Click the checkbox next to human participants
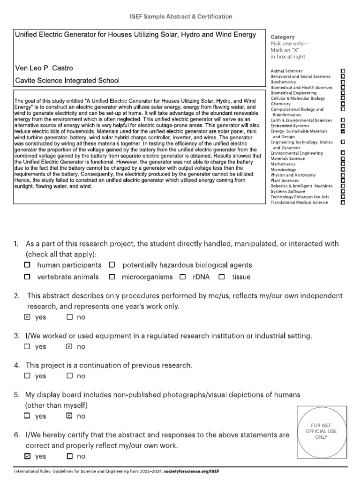[27, 265]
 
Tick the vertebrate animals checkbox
[27, 277]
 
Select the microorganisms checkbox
[112, 277]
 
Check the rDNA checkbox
[183, 277]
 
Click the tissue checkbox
[222, 277]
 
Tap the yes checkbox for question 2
[27, 317]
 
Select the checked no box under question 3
[69, 346]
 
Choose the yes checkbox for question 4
[27, 375]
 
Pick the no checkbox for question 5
[69, 416]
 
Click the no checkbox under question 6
[69, 456]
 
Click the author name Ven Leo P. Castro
[44, 68]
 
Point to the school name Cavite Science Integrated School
[67, 81]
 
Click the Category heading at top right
[283, 37]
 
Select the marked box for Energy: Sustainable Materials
[343, 132]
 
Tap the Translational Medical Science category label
[299, 202]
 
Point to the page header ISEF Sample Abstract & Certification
[180, 16]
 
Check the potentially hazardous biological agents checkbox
[112, 265]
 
